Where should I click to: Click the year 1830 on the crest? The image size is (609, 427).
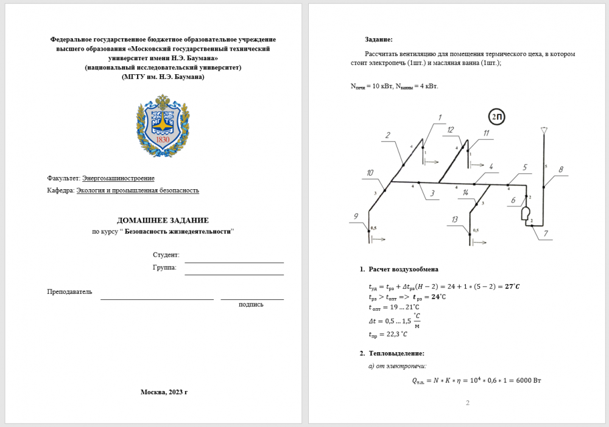tap(163, 140)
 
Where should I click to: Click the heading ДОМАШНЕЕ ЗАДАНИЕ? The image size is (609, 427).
tap(163, 220)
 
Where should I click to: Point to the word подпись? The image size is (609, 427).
tap(251, 304)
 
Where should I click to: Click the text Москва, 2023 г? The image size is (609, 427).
tap(164, 392)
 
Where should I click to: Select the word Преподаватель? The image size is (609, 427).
tap(69, 292)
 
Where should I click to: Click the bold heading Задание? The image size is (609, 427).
tap(379, 39)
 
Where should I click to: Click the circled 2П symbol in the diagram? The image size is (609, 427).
tap(497, 117)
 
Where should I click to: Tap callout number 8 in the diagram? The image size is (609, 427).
tap(561, 169)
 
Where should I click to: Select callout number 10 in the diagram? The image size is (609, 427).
tap(370, 173)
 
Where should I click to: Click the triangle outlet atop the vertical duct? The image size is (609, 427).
tap(544, 130)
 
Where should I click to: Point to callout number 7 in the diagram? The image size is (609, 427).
tap(545, 233)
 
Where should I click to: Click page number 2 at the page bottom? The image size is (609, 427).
tap(468, 403)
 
